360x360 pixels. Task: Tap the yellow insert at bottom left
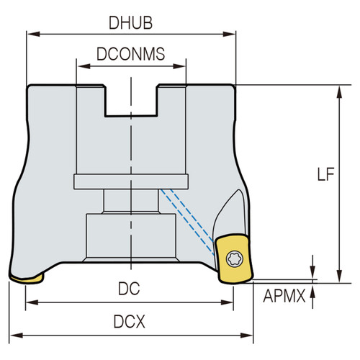tap(26, 276)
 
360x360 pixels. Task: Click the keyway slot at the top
tap(131, 101)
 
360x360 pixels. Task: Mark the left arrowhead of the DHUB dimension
tap(30, 33)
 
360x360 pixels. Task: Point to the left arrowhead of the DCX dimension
tap(14, 336)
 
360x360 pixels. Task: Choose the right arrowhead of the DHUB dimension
tap(233, 33)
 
